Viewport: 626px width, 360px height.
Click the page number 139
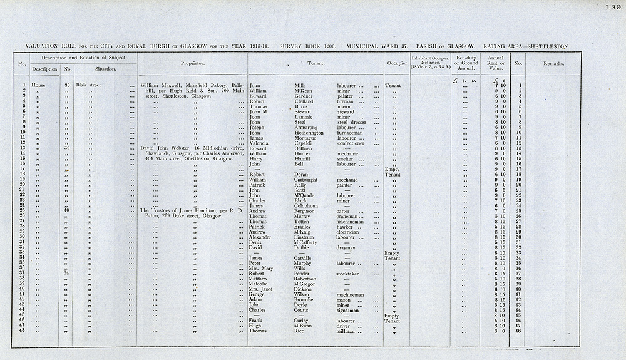tap(612, 7)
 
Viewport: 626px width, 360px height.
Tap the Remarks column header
tap(554, 63)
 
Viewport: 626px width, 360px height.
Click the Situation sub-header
tap(105, 69)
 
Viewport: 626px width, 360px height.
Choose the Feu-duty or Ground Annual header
tap(464, 63)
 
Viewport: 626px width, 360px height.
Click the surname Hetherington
tap(309, 133)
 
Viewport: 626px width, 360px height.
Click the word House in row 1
tap(38, 85)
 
